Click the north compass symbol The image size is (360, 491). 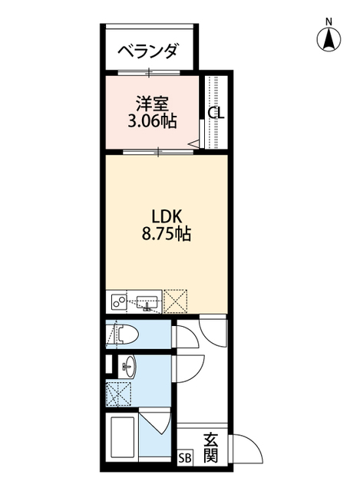click(x=329, y=36)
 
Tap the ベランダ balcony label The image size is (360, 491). click(x=149, y=51)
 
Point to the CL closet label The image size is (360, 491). click(x=216, y=112)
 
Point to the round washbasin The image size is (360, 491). click(x=128, y=366)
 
